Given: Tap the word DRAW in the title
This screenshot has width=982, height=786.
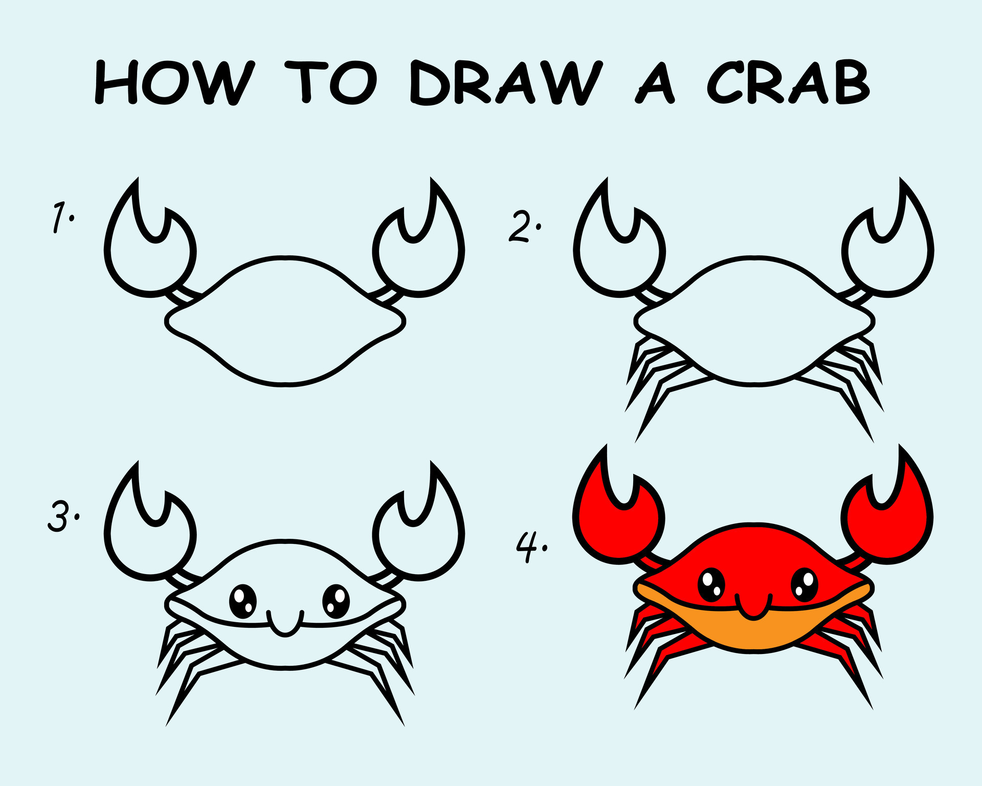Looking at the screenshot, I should pyautogui.click(x=503, y=83).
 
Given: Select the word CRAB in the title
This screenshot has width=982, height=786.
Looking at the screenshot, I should pyautogui.click(x=788, y=82).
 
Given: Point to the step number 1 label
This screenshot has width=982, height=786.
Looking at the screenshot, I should pyautogui.click(x=62, y=217).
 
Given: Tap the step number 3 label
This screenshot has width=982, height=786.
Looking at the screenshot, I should pyautogui.click(x=62, y=516).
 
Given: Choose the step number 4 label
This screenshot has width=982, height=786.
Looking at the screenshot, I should pyautogui.click(x=530, y=547).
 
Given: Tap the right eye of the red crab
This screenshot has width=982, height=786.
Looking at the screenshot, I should pyautogui.click(x=805, y=585).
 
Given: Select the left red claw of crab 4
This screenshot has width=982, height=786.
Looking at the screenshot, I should pyautogui.click(x=619, y=522).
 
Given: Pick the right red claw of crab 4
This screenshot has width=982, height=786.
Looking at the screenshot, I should pyautogui.click(x=887, y=522).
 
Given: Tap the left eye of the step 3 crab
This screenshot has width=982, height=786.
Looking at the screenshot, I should pyautogui.click(x=243, y=602).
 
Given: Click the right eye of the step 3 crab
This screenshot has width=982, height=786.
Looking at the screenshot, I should pyautogui.click(x=336, y=601).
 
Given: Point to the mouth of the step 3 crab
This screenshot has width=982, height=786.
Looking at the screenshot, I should pyautogui.click(x=285, y=623).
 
